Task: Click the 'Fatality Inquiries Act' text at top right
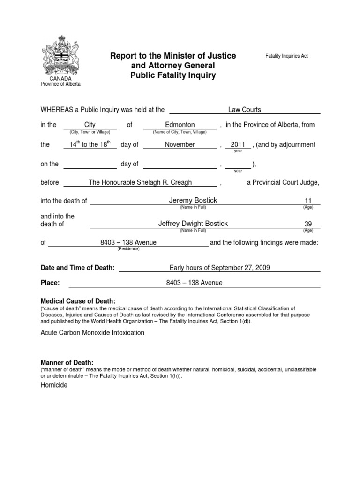pyautogui.click(x=286, y=56)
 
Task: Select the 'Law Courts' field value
pyautogui.click(x=244, y=110)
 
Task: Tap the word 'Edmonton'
pyautogui.click(x=180, y=125)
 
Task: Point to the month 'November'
pyautogui.click(x=180, y=145)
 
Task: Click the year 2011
pyautogui.click(x=238, y=145)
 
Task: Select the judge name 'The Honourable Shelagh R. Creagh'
pyautogui.click(x=140, y=182)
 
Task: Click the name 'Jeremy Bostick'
pyautogui.click(x=193, y=200)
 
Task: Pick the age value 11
pyautogui.click(x=308, y=201)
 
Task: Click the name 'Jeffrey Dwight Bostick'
pyautogui.click(x=193, y=224)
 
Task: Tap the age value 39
pyautogui.click(x=308, y=224)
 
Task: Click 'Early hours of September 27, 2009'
pyautogui.click(x=219, y=268)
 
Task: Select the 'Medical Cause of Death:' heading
pyautogui.click(x=78, y=300)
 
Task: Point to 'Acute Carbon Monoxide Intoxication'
pyautogui.click(x=93, y=332)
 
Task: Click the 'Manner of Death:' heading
pyautogui.click(x=67, y=363)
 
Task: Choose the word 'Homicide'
pyautogui.click(x=54, y=385)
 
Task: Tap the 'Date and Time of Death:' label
pyautogui.click(x=78, y=268)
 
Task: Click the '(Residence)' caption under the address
pyautogui.click(x=128, y=249)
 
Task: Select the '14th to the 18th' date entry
pyautogui.click(x=90, y=144)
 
